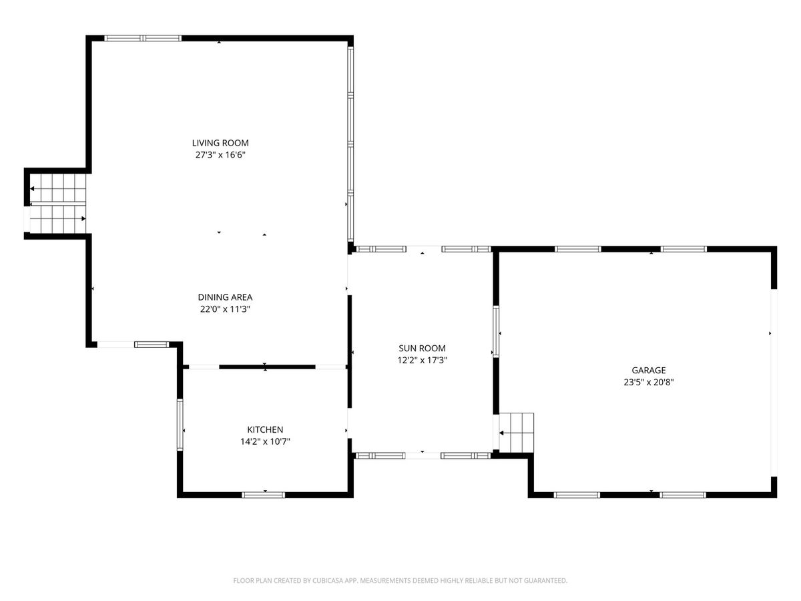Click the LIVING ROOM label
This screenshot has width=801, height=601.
tap(220, 143)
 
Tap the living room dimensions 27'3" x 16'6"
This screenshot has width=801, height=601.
tap(220, 155)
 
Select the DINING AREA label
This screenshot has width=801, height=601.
tap(225, 297)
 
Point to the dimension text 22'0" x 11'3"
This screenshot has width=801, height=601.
tap(225, 309)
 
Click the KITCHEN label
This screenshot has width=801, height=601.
tap(265, 429)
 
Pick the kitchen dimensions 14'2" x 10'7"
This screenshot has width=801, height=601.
tap(265, 441)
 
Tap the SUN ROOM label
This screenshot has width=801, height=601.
tap(422, 348)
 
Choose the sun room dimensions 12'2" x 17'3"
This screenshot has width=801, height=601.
tap(423, 360)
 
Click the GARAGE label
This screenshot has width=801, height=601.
tap(648, 370)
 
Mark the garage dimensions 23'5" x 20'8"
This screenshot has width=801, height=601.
tap(648, 382)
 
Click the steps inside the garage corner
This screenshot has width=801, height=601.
tap(516, 433)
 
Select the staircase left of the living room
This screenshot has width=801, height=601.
tap(57, 203)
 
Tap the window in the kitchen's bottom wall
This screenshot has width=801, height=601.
tap(263, 495)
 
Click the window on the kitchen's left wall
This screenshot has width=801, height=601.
tap(180, 425)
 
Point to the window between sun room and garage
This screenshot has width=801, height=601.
tap(495, 331)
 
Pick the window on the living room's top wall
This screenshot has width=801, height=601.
tap(143, 38)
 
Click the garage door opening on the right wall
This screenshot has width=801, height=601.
tap(774, 383)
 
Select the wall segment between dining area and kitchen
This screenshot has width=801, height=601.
tap(267, 367)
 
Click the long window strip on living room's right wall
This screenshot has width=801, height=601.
tap(350, 144)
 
